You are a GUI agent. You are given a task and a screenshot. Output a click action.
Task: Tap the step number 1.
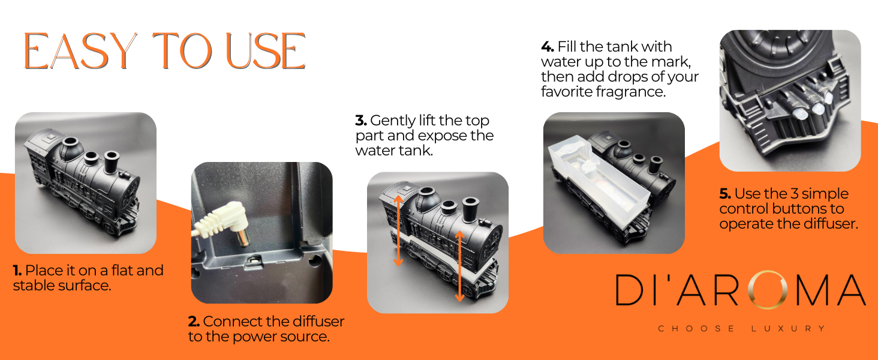[x=17, y=271]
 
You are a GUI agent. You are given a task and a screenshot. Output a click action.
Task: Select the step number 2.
[x=194, y=322]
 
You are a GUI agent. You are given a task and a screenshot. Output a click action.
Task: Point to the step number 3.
[x=361, y=121]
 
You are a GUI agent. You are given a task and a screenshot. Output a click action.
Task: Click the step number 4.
[x=547, y=47]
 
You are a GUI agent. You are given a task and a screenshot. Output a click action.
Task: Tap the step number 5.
[x=725, y=194]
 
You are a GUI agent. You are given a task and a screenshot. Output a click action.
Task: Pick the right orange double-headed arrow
[x=459, y=266]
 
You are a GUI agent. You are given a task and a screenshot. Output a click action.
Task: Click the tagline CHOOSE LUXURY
[x=741, y=328]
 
